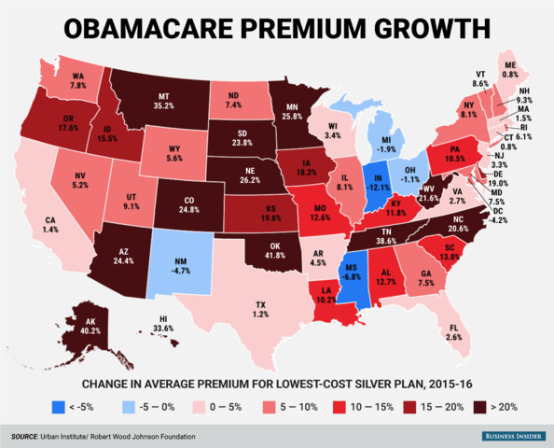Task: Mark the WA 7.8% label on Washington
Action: tap(77, 79)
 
